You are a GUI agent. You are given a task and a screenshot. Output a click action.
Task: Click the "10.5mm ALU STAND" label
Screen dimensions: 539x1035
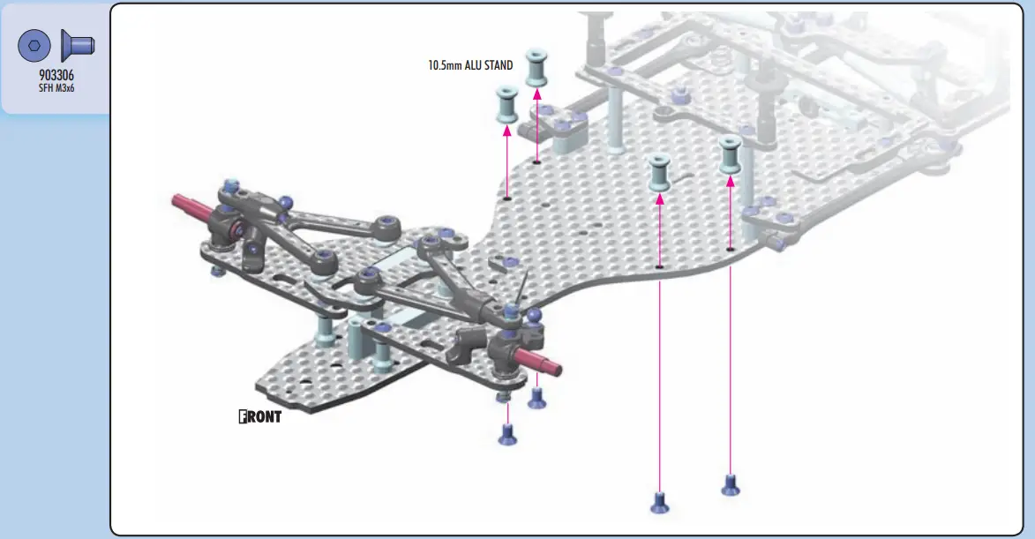[x=470, y=65]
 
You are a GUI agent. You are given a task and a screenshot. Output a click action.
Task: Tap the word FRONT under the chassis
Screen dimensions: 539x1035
[x=260, y=416]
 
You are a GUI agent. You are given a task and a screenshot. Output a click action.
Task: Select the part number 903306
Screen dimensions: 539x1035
[x=56, y=75]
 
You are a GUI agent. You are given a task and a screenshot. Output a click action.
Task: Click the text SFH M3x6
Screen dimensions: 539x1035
[x=56, y=88]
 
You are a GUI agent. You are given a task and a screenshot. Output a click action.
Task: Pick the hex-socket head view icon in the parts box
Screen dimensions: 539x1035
[x=35, y=45]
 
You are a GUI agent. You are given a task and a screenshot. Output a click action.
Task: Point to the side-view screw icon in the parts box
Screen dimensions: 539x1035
[x=78, y=44]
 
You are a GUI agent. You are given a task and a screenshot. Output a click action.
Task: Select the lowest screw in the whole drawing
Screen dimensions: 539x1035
[x=659, y=502]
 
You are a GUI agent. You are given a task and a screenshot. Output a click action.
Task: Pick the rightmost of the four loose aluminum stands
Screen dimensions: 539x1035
[x=730, y=154]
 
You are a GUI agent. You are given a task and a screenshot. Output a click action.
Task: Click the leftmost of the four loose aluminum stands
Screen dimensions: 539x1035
[x=506, y=104]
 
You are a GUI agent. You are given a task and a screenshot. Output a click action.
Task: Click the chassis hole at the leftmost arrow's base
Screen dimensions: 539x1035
[x=507, y=198]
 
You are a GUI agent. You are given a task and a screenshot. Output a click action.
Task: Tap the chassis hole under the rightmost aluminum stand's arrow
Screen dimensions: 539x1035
[x=730, y=250]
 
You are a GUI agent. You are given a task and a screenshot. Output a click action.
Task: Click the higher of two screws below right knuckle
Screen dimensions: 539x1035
[x=536, y=398]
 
